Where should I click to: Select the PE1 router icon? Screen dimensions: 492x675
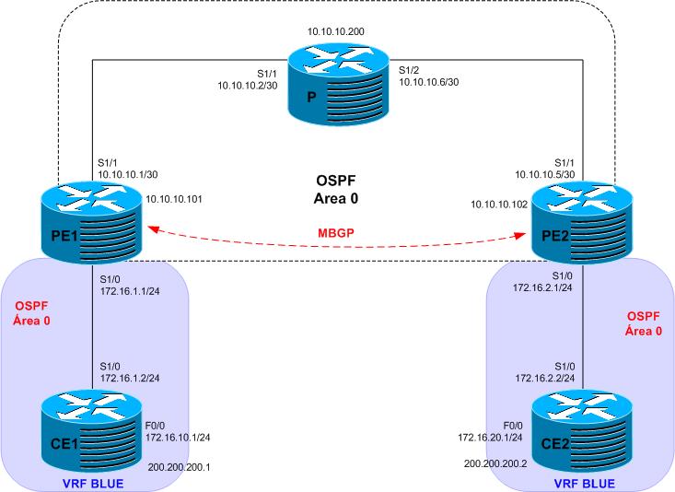tap(93, 223)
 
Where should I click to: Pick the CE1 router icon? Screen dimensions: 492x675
tap(93, 433)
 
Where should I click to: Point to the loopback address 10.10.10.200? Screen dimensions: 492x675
tap(337, 30)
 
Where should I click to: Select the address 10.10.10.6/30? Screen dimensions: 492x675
tap(429, 81)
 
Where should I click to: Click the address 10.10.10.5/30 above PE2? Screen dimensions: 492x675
tap(551, 173)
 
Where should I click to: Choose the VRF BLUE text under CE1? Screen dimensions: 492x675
tap(94, 483)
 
